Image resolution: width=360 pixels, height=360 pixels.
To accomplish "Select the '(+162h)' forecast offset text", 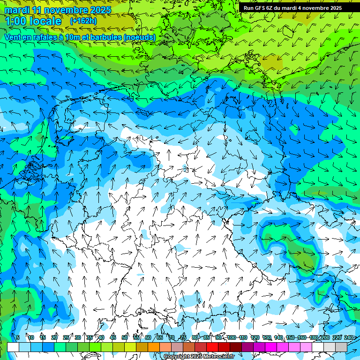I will click(x=83, y=21).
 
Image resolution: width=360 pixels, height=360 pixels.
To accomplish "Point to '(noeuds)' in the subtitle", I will click(x=139, y=37).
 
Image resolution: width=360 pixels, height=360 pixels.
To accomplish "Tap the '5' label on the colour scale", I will click(x=18, y=337).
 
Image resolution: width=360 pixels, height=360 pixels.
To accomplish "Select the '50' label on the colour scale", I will click(x=125, y=337).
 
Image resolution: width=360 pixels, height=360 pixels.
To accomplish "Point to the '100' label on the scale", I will click(x=231, y=337).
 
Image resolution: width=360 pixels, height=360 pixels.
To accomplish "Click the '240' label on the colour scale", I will click(x=349, y=337).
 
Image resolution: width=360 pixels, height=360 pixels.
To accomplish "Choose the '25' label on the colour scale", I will click(x=66, y=337).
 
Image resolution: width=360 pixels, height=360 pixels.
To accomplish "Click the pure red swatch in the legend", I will click(x=212, y=347).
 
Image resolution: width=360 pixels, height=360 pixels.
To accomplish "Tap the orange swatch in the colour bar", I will click(x=154, y=347).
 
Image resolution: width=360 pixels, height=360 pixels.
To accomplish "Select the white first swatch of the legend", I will click(x=13, y=347).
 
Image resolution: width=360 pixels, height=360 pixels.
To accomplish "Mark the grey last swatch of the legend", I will click(x=341, y=347).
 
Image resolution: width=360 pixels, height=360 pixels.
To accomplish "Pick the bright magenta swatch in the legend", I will click(x=271, y=347).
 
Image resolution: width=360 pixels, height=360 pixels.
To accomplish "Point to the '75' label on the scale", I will click(x=183, y=337).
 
